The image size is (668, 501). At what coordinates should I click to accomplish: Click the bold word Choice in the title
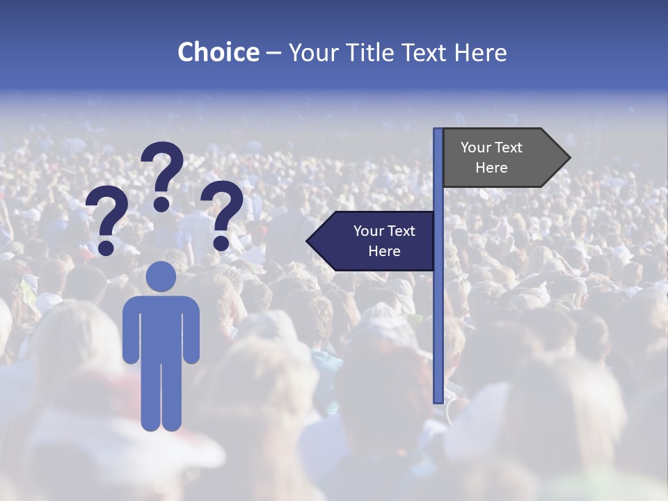tap(218, 52)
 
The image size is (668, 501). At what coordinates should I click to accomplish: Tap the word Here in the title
tap(481, 52)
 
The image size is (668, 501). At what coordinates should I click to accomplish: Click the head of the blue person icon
tap(161, 276)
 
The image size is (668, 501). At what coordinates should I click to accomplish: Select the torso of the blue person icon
tap(161, 327)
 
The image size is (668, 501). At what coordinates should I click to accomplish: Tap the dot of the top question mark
tap(161, 203)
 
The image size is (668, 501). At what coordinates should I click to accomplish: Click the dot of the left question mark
tap(106, 247)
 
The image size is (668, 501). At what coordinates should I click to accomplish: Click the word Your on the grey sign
tap(477, 148)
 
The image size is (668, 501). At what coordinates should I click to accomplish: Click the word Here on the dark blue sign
tap(384, 251)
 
